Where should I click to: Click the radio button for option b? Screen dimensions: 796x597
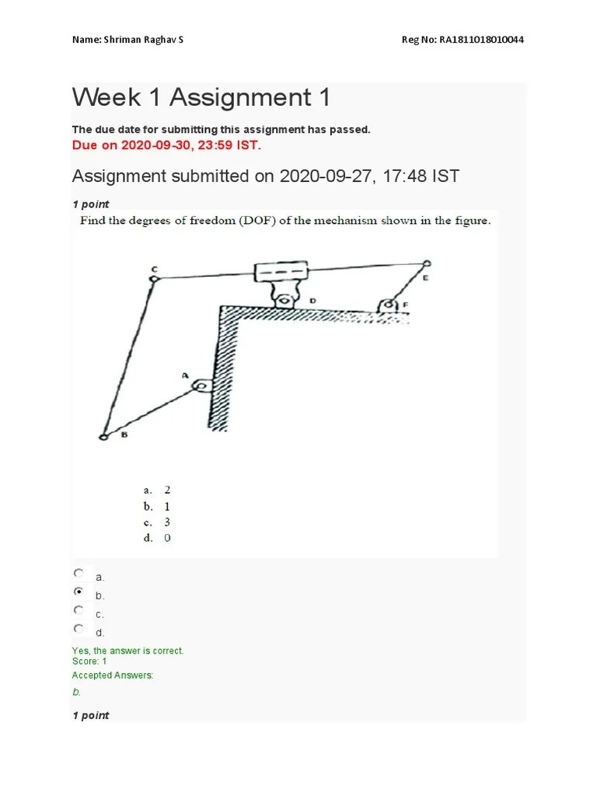click(79, 592)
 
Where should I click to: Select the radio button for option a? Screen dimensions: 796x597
click(79, 573)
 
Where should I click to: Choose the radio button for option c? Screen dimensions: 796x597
click(79, 610)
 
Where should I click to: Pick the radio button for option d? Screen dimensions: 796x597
click(79, 628)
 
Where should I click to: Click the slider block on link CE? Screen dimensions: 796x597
click(282, 274)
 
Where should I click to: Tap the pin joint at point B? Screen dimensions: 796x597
click(103, 438)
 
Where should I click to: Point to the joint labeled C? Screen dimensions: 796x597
click(155, 278)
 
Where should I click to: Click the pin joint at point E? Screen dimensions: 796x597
click(426, 264)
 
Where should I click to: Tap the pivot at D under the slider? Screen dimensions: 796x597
click(285, 299)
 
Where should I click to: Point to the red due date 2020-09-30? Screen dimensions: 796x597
click(151, 145)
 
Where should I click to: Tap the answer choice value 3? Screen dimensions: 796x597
click(167, 522)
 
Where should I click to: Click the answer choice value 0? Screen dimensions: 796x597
click(167, 538)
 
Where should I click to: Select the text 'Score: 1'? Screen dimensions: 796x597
click(89, 662)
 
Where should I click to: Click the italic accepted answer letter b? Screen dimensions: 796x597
click(76, 692)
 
